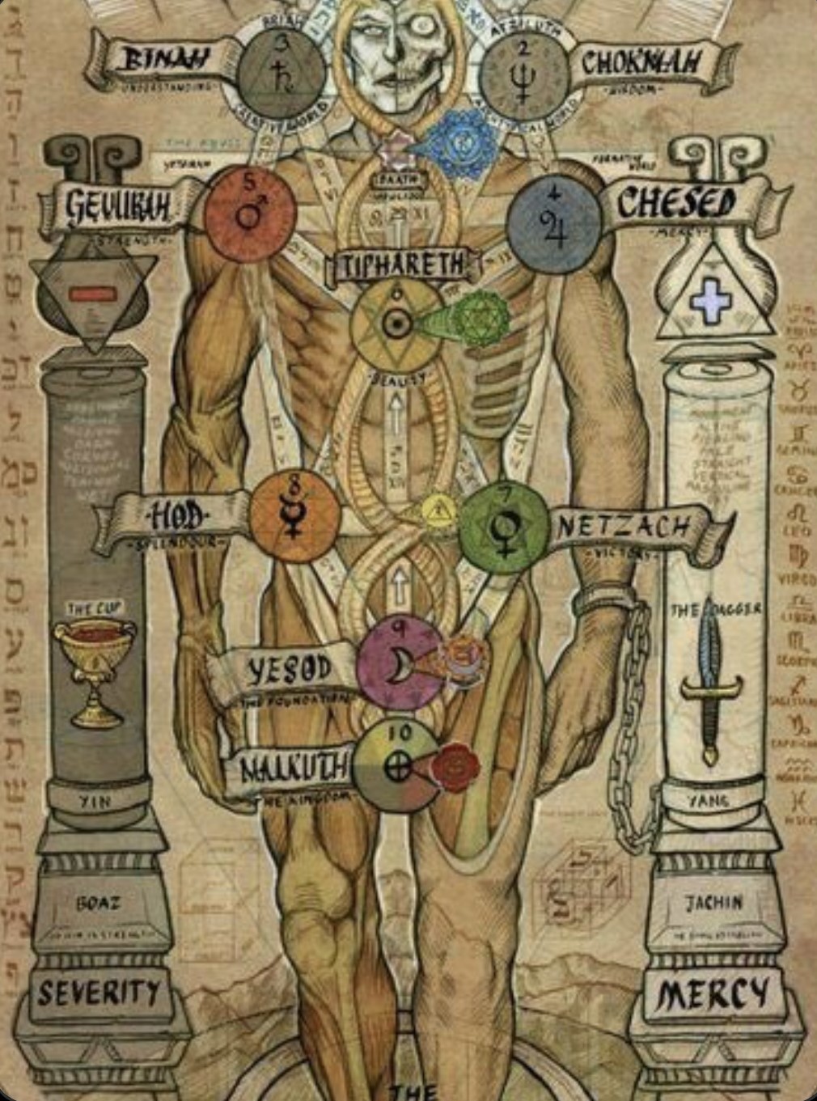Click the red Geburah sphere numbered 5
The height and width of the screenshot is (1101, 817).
tap(250, 214)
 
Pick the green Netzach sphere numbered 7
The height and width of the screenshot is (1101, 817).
tap(503, 527)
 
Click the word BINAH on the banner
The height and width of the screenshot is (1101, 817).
tap(163, 57)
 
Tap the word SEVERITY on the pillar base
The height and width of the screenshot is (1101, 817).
tap(99, 993)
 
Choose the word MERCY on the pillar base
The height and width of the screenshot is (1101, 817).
tap(713, 994)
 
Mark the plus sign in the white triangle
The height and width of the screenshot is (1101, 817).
tap(710, 300)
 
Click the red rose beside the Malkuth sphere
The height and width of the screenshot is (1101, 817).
tap(454, 764)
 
